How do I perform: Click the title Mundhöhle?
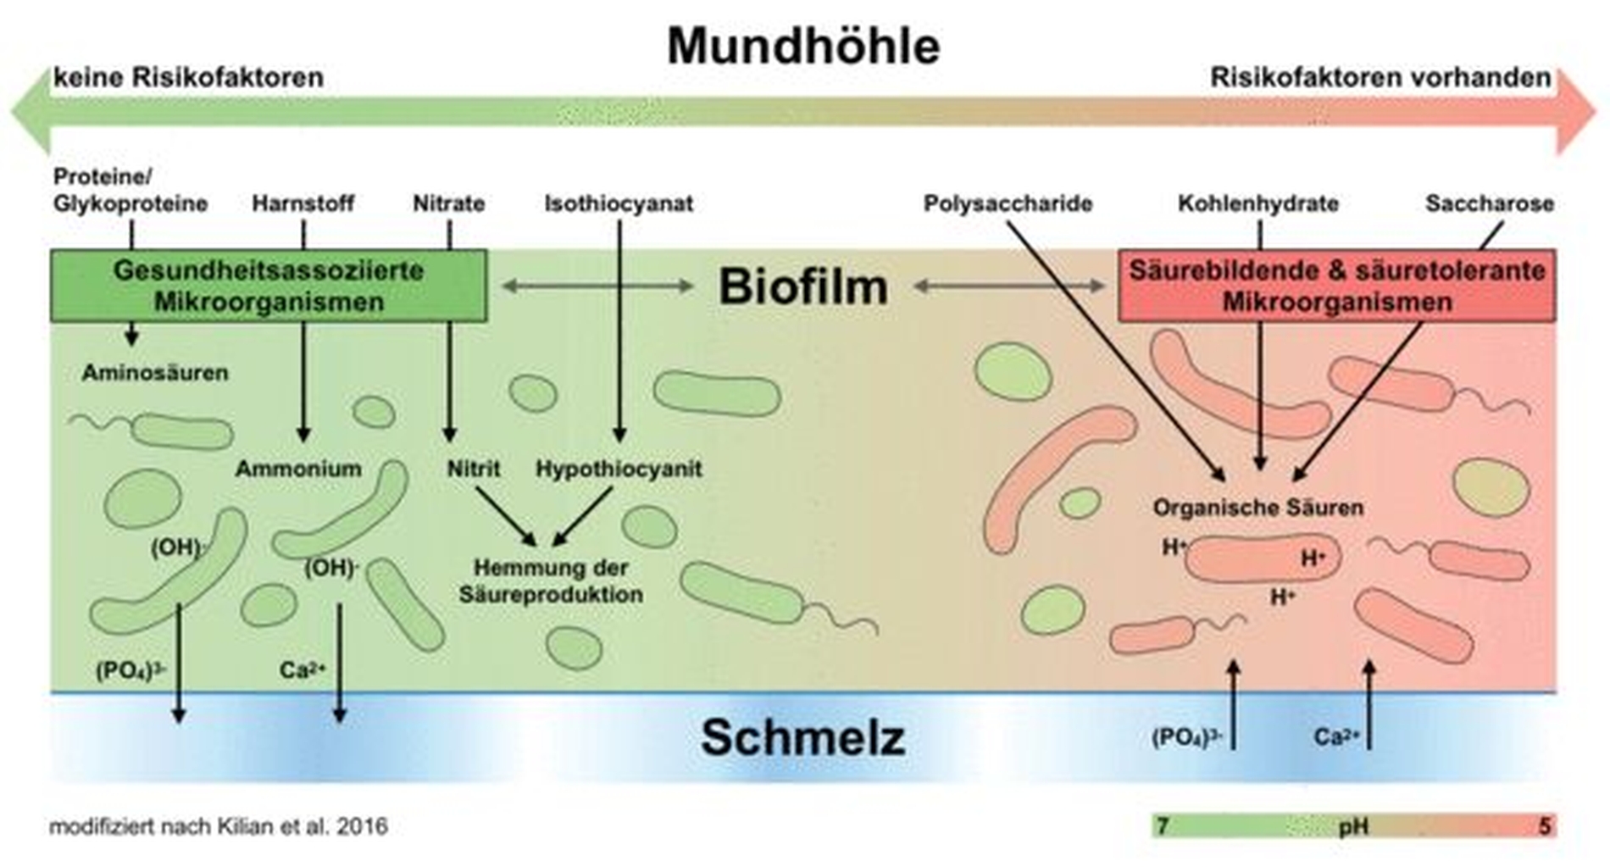point(803,45)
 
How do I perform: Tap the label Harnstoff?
point(303,203)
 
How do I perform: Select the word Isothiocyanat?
point(619,203)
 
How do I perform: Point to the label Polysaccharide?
point(1008,203)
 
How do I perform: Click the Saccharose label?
point(1489,203)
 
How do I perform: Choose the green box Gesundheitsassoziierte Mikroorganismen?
point(269,286)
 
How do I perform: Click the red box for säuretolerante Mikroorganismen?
point(1336,286)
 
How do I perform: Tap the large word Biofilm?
point(803,286)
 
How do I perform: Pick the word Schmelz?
point(802,736)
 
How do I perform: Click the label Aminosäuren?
point(155,373)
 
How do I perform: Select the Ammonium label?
point(298,469)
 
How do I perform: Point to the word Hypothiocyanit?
point(619,469)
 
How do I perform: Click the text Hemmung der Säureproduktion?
point(551,581)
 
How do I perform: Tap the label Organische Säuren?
point(1258,508)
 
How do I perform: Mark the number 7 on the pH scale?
point(1163,825)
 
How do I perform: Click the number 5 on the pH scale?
point(1544,825)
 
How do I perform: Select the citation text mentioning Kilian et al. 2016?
point(219,826)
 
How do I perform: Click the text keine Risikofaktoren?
point(188,78)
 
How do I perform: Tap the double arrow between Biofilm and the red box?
point(1009,286)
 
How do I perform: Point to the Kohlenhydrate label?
point(1258,203)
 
